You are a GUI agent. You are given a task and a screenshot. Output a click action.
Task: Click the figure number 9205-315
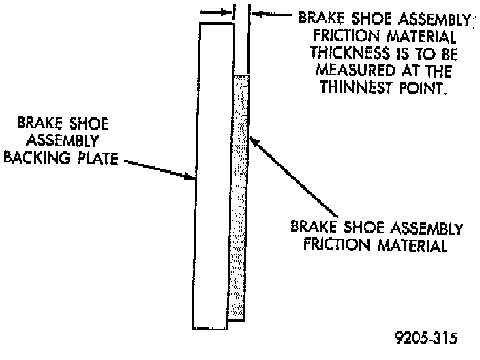(426, 337)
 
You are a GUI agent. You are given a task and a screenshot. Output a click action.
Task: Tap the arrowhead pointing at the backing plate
(192, 177)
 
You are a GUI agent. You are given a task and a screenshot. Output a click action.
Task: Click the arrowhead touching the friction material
(253, 140)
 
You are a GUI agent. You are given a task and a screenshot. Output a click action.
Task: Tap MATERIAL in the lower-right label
(414, 245)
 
